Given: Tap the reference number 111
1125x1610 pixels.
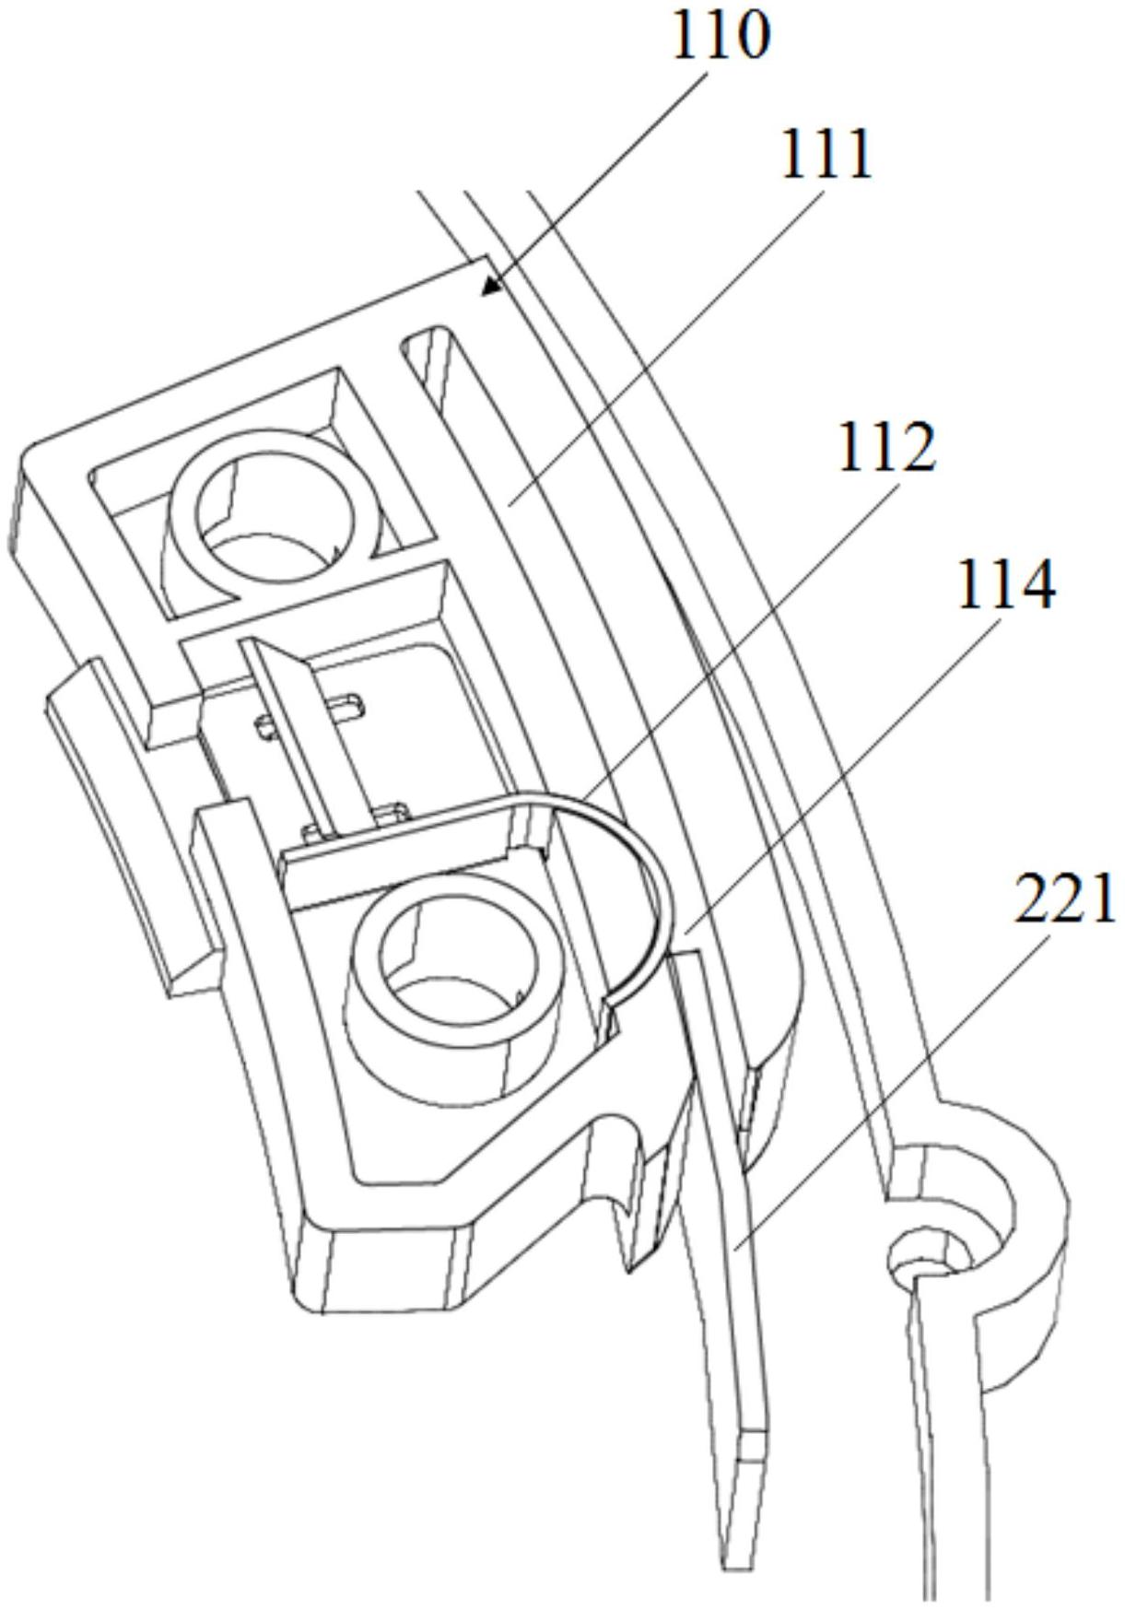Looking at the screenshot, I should (826, 155).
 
